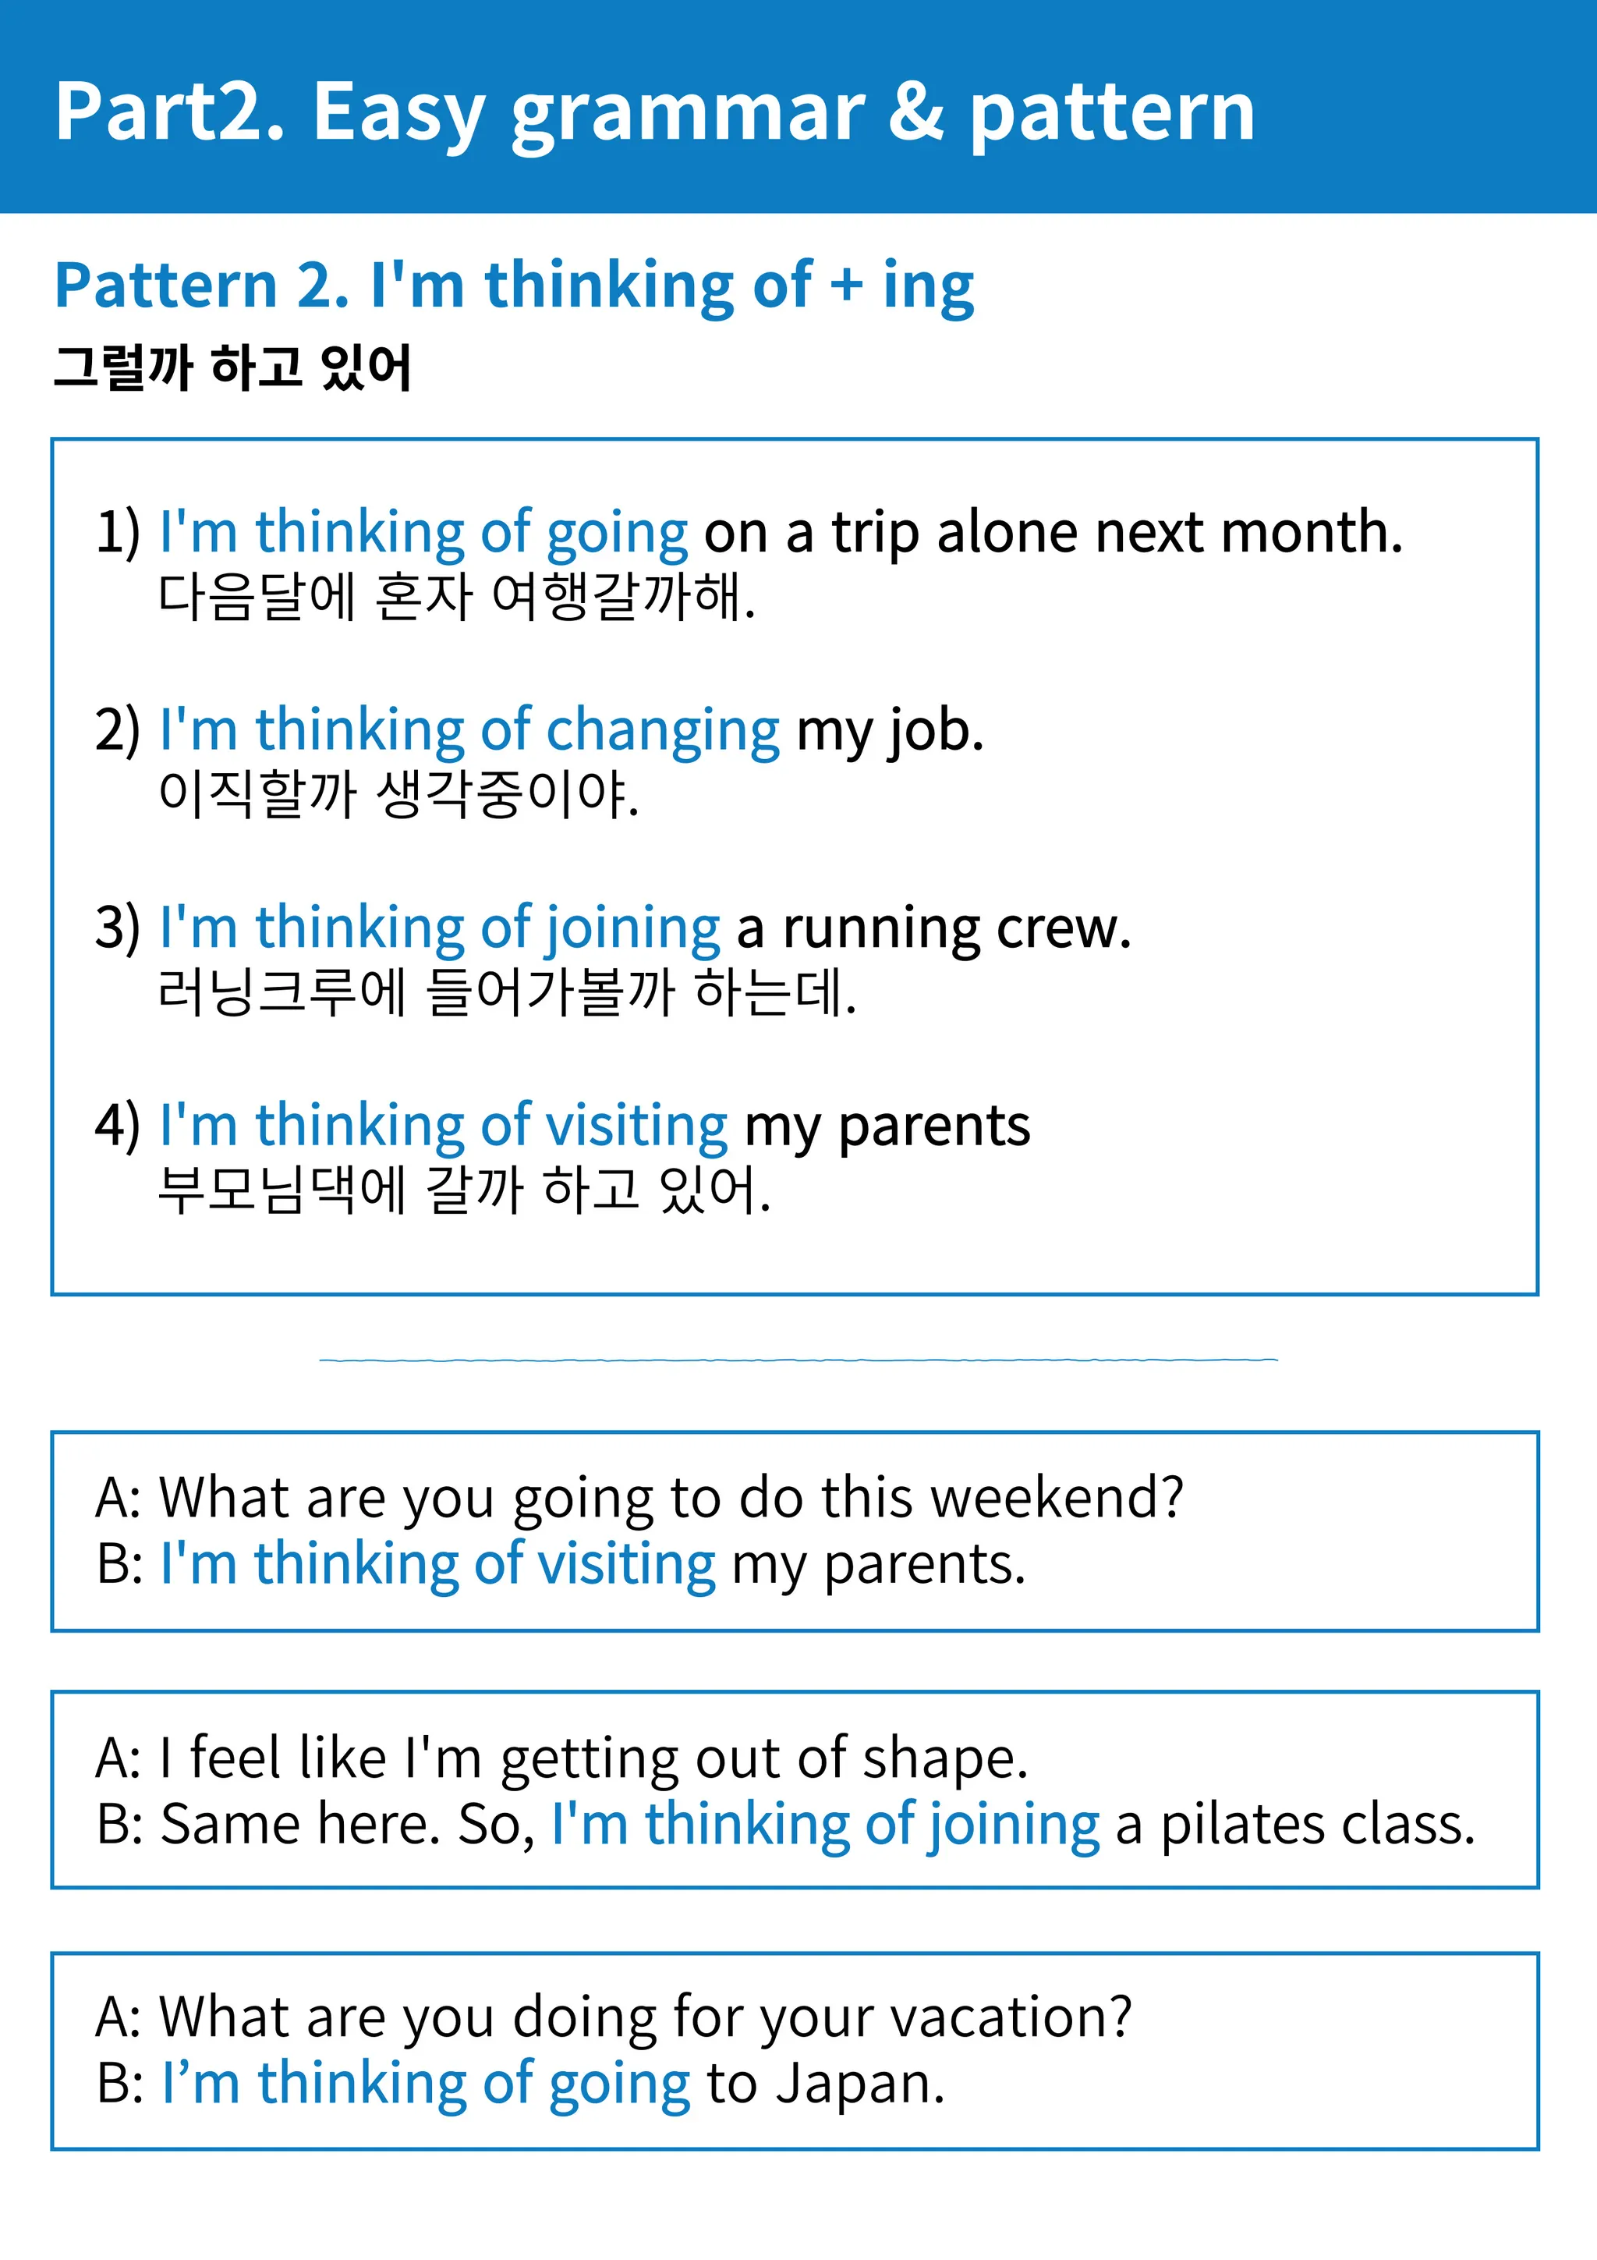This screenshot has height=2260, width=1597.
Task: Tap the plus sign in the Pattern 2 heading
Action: [846, 286]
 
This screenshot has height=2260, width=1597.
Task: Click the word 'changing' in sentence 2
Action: [662, 731]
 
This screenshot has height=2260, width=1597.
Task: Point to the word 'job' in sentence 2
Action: [935, 731]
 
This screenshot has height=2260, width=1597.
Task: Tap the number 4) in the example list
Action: [117, 1125]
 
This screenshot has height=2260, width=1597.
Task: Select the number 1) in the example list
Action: [117, 533]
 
